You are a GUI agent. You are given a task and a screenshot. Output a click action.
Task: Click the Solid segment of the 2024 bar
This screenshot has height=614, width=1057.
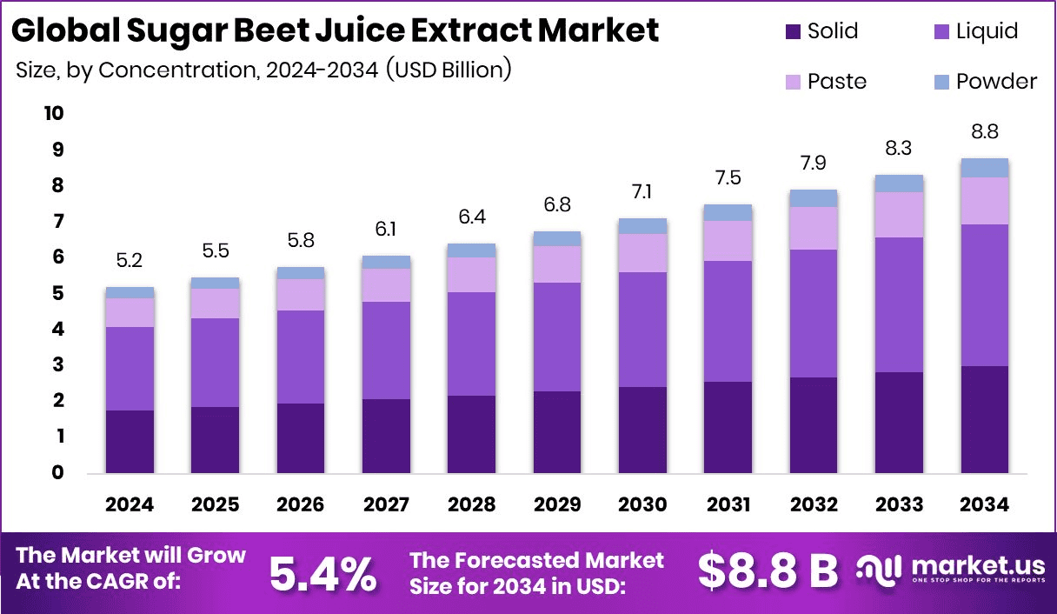click(x=130, y=441)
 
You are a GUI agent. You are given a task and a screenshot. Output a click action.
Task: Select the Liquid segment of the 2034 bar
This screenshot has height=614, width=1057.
click(x=984, y=295)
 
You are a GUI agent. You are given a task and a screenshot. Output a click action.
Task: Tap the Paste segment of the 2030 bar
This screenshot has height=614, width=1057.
click(x=642, y=252)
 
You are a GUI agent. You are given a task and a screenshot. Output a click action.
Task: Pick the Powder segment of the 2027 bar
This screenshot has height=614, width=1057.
click(x=386, y=262)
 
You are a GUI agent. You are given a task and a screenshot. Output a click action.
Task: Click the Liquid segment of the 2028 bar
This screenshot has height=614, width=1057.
click(x=471, y=344)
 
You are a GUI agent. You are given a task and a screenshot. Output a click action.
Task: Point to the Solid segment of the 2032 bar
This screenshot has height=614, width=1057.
click(x=813, y=424)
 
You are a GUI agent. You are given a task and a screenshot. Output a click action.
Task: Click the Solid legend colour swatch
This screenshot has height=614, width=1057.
click(x=792, y=32)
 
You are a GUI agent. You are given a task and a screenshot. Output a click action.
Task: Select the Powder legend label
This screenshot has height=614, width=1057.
click(x=996, y=82)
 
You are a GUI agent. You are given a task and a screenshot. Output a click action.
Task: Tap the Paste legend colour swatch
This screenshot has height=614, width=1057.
click(x=792, y=82)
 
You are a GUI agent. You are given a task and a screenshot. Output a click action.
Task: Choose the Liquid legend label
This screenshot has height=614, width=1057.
click(x=987, y=32)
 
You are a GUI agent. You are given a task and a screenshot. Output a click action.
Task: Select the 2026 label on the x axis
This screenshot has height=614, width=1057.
click(x=300, y=504)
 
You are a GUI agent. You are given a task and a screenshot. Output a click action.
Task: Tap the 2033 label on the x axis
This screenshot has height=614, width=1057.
click(x=899, y=504)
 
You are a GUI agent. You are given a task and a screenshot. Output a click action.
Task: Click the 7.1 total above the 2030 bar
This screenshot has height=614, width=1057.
click(x=642, y=190)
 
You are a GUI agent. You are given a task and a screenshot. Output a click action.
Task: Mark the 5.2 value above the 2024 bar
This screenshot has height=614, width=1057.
click(x=130, y=259)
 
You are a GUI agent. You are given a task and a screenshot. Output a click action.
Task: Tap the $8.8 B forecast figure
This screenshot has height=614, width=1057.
click(x=768, y=571)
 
